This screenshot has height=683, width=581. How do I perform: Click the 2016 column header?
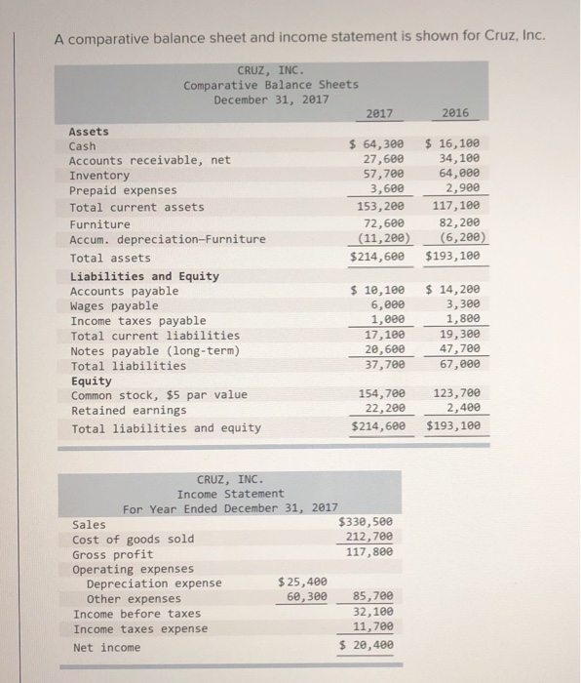[x=454, y=113]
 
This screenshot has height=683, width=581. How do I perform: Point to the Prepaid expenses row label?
[x=123, y=190]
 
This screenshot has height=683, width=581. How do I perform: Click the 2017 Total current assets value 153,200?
[x=379, y=207]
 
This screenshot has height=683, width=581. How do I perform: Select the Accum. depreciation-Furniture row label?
[x=168, y=239]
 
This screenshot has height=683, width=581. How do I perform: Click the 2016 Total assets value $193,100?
[x=454, y=258]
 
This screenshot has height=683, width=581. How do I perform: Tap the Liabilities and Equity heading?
[x=144, y=276]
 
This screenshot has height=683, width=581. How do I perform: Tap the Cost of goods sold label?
[x=134, y=539]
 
